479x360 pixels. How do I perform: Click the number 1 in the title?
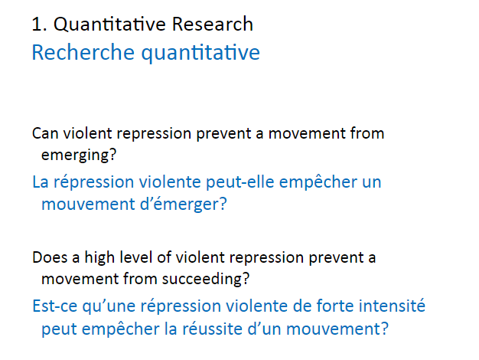click(36, 25)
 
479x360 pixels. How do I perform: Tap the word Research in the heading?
click(213, 24)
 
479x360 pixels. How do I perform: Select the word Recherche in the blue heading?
click(83, 52)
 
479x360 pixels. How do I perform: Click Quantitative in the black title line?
click(109, 25)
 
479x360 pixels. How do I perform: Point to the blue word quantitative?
click(200, 53)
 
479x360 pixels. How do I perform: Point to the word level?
click(136, 257)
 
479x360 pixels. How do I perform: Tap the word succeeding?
click(202, 280)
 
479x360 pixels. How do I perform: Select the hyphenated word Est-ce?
click(54, 306)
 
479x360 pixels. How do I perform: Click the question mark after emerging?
click(112, 155)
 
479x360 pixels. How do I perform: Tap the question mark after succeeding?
click(246, 279)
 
